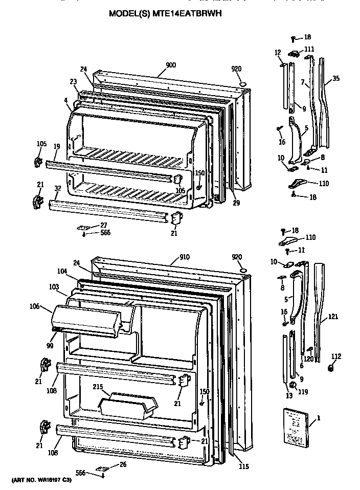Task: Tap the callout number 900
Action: (171, 65)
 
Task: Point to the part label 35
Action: (335, 79)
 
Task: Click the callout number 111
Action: (309, 49)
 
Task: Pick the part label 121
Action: (333, 317)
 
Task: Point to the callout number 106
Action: (35, 306)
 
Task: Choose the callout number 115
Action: (243, 466)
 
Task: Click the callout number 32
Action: (57, 188)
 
